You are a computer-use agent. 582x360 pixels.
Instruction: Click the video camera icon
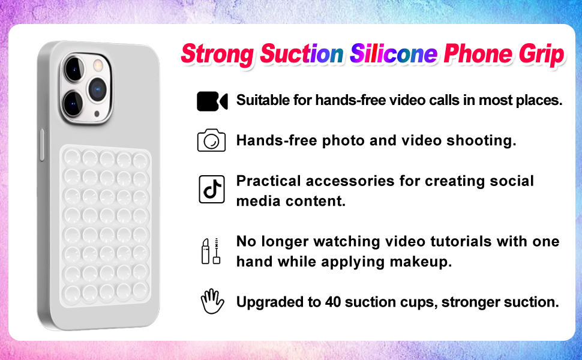click(x=212, y=101)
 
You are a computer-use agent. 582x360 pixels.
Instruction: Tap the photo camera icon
click(x=211, y=140)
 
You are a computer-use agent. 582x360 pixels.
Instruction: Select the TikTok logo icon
click(x=212, y=189)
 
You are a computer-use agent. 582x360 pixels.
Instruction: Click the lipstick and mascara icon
click(x=211, y=251)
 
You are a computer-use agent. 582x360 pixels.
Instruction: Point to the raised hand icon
click(x=212, y=301)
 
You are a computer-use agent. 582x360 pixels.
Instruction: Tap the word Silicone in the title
click(x=394, y=54)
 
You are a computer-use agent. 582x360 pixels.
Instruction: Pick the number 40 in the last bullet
click(x=333, y=302)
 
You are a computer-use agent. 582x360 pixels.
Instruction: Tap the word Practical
click(x=268, y=181)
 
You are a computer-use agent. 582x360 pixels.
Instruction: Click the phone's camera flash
click(x=98, y=65)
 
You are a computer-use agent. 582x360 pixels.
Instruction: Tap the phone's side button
click(x=42, y=145)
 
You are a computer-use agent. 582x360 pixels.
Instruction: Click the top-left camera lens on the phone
click(x=74, y=70)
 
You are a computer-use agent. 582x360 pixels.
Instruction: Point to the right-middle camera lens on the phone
click(x=97, y=89)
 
